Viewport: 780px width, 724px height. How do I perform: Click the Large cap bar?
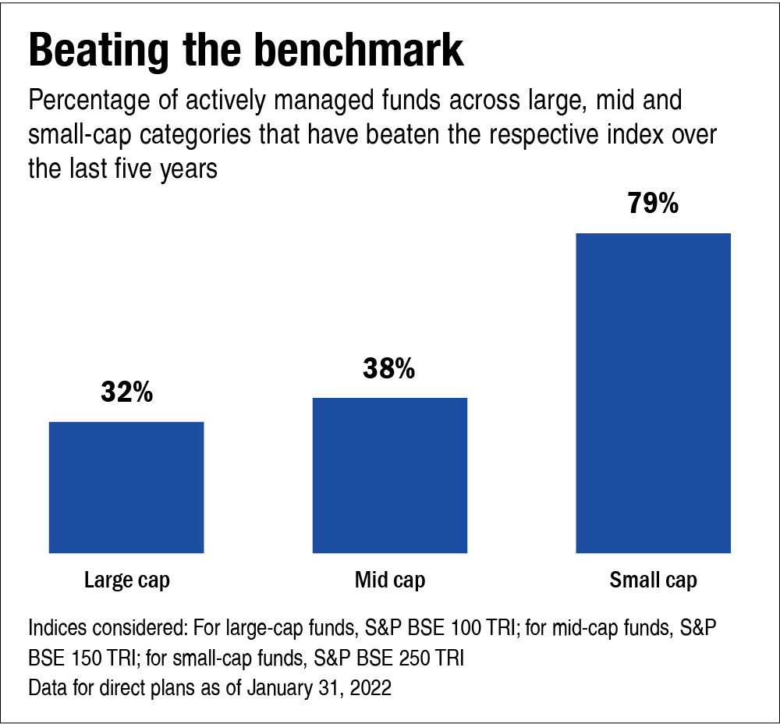[126, 487]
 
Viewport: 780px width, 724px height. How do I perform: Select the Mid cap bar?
[390, 475]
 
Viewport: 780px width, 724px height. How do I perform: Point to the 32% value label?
[126, 392]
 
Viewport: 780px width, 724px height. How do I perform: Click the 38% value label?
[388, 369]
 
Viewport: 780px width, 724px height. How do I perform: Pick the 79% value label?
[653, 204]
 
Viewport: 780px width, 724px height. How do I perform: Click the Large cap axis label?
[126, 580]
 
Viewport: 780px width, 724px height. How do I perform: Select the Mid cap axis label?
[390, 580]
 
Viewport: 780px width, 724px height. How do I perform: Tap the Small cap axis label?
[653, 580]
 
